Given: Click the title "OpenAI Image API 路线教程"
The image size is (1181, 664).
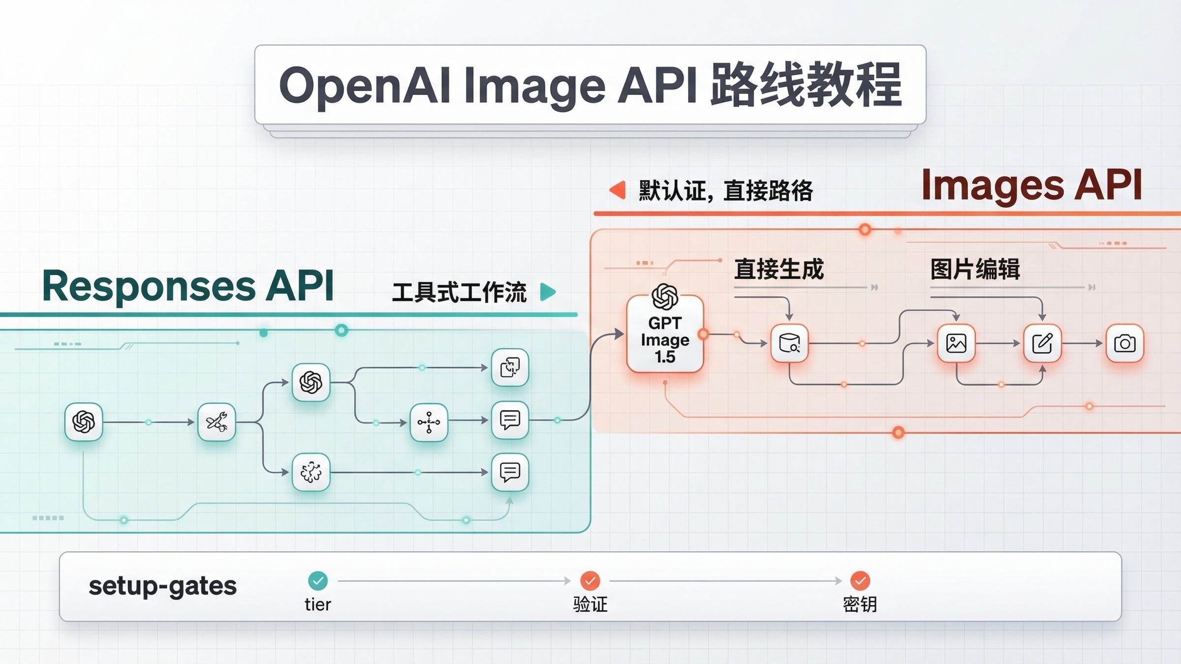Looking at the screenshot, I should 590,85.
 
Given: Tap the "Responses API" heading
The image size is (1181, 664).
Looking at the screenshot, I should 188,286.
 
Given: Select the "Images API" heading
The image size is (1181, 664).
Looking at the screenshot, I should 1031,185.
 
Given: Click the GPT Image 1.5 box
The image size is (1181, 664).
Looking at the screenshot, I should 665,334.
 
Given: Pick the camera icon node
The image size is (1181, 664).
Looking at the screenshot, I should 1124,343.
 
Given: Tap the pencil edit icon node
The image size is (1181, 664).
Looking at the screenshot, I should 1042,343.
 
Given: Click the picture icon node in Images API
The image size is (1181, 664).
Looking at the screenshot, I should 956,343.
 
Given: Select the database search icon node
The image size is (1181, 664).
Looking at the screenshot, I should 789,343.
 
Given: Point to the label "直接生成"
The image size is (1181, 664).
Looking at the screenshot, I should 778,270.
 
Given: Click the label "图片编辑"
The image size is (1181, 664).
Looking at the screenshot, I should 975,270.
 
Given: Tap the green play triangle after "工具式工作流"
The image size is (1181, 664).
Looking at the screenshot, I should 548,292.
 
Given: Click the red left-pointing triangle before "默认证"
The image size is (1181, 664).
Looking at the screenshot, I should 618,190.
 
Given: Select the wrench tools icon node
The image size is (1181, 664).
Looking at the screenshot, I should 217,422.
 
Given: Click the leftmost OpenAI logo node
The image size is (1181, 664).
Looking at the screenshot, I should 84,422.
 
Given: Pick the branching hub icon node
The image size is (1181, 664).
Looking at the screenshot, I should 429,422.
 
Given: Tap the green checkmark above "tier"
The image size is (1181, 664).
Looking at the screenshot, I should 318,580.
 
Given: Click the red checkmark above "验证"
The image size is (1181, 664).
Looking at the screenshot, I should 590,580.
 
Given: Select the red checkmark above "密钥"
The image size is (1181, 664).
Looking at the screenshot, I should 860,580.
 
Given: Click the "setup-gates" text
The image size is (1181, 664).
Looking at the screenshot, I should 162,586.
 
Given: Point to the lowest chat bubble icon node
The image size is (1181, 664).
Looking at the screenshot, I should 510,472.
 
